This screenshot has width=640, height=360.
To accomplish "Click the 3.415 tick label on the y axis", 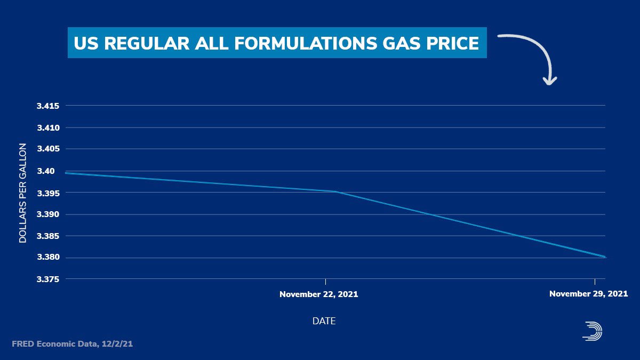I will [x=47, y=106].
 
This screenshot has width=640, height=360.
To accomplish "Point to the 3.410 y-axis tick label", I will [x=47, y=128].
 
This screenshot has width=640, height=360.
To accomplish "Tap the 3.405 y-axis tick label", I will [x=47, y=149].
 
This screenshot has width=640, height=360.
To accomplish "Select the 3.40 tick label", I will [x=50, y=171].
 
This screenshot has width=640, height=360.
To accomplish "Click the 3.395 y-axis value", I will [x=47, y=193].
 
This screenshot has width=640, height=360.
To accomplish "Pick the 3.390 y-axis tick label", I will [x=47, y=214].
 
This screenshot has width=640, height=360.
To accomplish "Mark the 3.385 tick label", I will [x=47, y=236].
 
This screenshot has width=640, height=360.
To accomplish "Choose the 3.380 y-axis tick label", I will [x=47, y=258].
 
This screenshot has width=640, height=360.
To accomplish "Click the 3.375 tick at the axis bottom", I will [x=47, y=279].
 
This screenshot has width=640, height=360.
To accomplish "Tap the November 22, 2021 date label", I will [x=319, y=294].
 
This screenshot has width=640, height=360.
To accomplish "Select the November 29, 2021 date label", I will [x=588, y=294].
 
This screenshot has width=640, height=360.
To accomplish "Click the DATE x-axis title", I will [x=324, y=321].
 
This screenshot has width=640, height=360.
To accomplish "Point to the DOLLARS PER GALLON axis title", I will [x=23, y=193].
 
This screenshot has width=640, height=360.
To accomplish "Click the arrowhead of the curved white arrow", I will [x=549, y=81].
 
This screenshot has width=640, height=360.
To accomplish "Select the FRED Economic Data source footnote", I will [x=72, y=345].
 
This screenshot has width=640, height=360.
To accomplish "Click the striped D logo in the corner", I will [x=593, y=331].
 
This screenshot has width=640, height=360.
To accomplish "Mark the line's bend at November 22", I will [x=335, y=191].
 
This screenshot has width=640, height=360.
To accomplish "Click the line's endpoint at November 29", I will [x=605, y=257].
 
